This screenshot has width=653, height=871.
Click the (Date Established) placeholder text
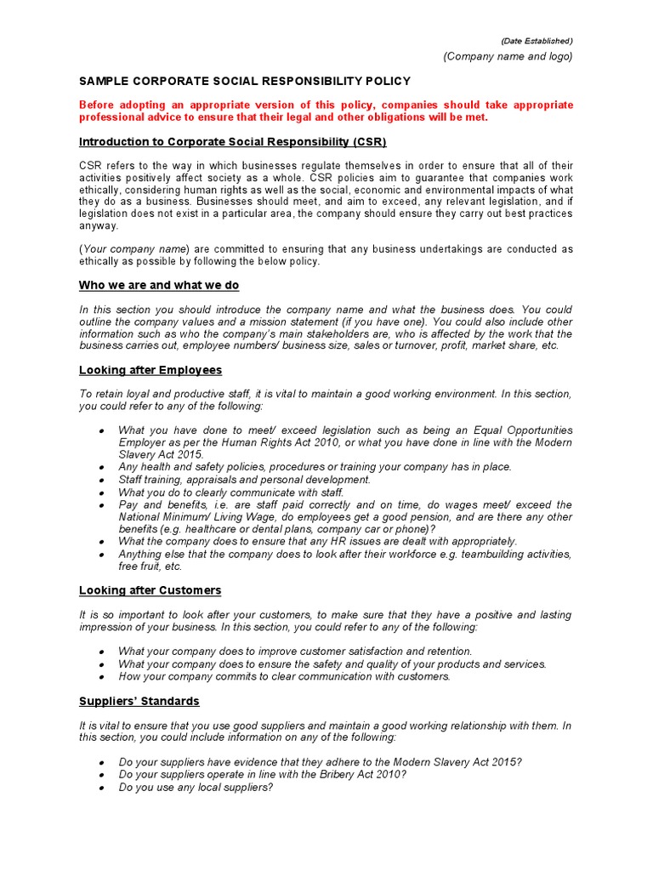point(536,41)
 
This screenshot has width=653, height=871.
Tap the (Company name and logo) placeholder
point(508,56)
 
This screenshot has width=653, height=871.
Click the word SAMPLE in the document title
point(105,82)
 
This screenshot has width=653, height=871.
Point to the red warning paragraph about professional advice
point(326,111)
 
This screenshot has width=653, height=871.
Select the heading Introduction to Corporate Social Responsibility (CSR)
point(233,141)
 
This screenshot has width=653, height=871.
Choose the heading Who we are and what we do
point(159,285)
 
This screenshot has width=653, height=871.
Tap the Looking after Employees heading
point(150,370)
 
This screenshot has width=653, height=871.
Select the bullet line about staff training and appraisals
point(245,480)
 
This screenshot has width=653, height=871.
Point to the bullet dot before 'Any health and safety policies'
point(101,467)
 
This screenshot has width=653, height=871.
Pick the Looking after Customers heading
point(150,590)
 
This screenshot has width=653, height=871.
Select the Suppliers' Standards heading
point(139,701)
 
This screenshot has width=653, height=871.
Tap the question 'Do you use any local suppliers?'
point(196,788)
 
